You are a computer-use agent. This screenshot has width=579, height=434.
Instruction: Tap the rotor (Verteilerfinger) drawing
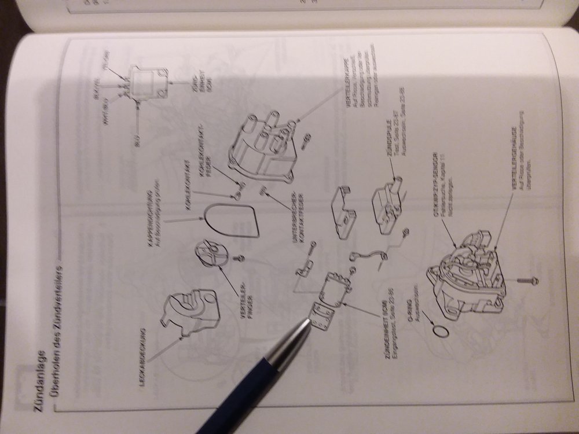pyautogui.click(x=210, y=251)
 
